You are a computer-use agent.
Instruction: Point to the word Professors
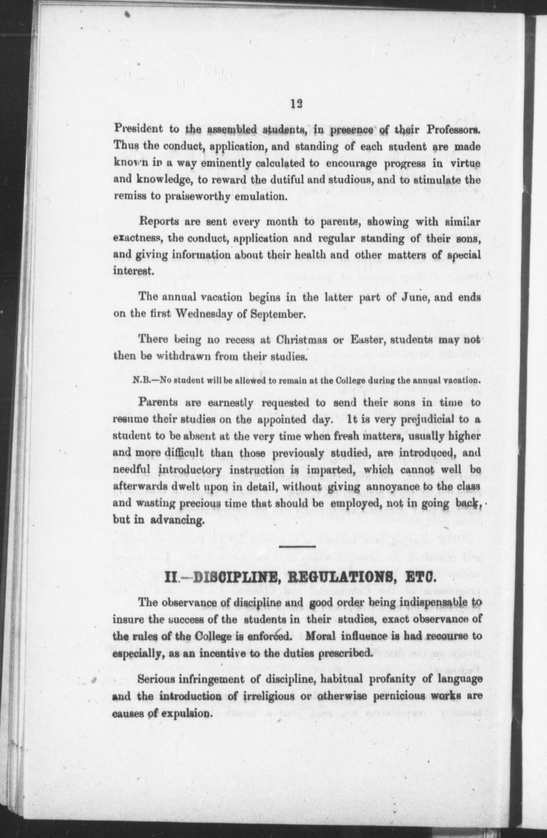coord(453,130)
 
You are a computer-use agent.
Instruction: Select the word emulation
coord(260,196)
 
